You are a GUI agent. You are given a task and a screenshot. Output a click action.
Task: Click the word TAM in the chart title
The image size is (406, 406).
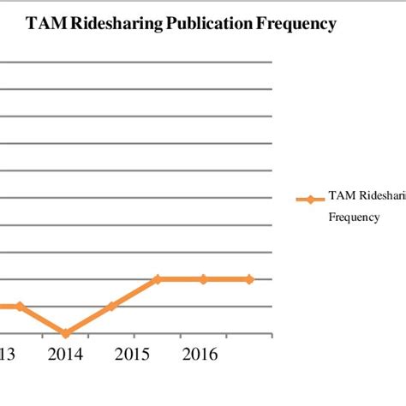point(42,24)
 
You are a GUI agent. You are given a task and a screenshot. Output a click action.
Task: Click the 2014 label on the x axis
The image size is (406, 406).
point(65,354)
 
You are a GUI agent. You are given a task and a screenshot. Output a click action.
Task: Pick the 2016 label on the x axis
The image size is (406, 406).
point(202,354)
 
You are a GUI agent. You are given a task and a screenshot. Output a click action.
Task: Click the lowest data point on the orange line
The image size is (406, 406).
point(65,333)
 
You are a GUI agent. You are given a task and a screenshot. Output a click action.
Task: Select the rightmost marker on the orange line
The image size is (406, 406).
point(249,279)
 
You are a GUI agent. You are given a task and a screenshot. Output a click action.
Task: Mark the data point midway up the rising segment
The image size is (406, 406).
point(111,306)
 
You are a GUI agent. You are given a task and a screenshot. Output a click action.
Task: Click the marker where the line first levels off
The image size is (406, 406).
point(158,279)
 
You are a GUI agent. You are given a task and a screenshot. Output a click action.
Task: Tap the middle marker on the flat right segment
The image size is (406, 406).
point(204,279)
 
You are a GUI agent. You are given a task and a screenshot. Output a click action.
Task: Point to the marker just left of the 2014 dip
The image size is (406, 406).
point(19,306)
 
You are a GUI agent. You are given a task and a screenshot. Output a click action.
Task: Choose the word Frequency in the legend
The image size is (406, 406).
point(354,218)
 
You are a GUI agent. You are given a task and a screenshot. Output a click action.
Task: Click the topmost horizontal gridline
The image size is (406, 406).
point(137,63)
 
